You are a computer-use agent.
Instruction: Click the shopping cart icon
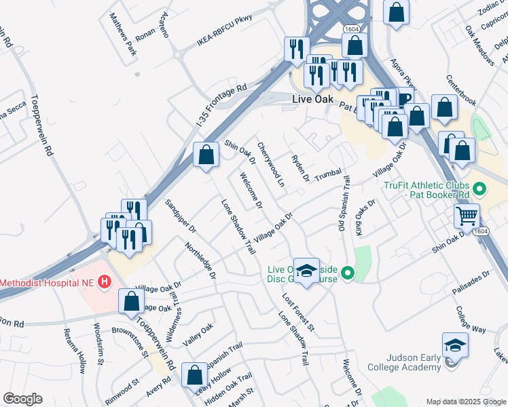point(467,216)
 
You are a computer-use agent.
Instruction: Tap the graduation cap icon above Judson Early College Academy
point(455,345)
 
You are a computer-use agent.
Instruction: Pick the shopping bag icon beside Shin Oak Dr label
point(206,155)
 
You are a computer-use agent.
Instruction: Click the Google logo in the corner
point(22,399)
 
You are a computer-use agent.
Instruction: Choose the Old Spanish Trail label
point(344,203)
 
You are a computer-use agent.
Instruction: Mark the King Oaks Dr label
point(365,216)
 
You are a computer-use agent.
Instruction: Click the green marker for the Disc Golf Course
point(348,273)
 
